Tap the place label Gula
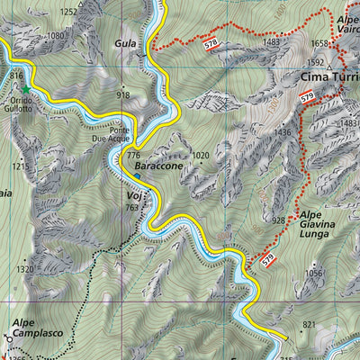pyautogui.click(x=125, y=42)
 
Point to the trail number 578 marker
pyautogui.click(x=211, y=44)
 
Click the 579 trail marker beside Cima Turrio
pyautogui.click(x=308, y=95)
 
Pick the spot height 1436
pyautogui.click(x=282, y=132)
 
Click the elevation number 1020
pyautogui.click(x=200, y=155)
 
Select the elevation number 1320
pyautogui.click(x=24, y=268)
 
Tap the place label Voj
pyautogui.click(x=133, y=193)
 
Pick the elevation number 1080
pyautogui.click(x=56, y=36)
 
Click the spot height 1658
pyautogui.click(x=319, y=42)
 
